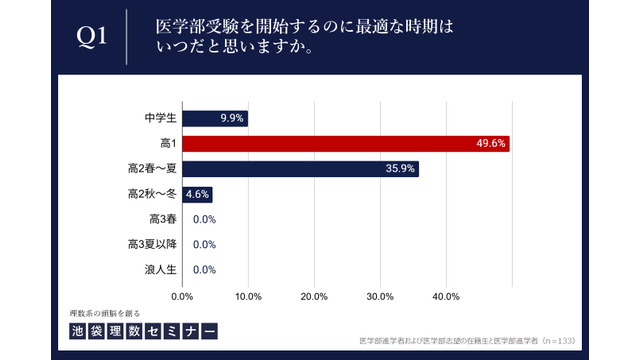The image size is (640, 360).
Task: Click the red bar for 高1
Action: tap(346, 144)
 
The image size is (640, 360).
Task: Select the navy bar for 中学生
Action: tap(214, 119)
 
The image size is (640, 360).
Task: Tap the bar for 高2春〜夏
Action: tap(300, 169)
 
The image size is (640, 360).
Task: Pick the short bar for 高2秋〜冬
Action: tap(196, 194)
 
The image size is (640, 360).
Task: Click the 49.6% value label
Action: tap(493, 144)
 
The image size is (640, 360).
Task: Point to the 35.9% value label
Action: tap(400, 169)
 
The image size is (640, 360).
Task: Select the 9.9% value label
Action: tap(231, 119)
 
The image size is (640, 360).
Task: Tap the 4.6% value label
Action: tap(197, 194)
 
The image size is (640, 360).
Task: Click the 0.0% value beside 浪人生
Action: tap(204, 269)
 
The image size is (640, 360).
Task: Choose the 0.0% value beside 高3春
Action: tap(204, 219)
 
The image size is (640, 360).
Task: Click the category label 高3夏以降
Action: tap(152, 244)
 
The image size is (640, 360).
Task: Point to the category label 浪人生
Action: tap(160, 269)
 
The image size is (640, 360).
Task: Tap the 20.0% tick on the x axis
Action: tap(314, 296)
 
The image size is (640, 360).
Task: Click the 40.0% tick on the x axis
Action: tap(446, 296)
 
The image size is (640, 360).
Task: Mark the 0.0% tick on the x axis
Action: tap(182, 296)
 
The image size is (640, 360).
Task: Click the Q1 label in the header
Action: tap(92, 37)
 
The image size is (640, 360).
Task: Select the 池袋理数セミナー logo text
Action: tap(142, 330)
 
